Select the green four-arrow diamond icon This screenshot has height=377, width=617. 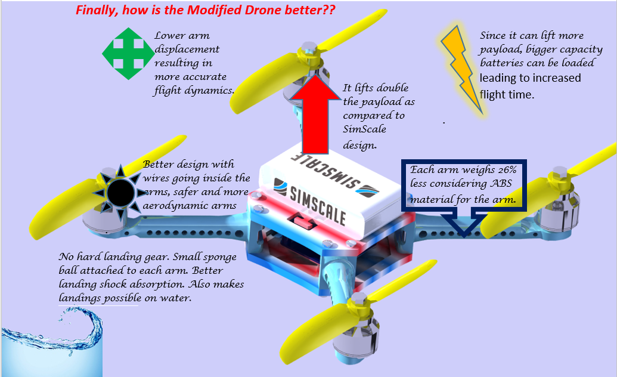coord(123,54)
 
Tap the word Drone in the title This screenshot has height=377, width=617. coord(258,10)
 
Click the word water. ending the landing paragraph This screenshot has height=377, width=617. coord(177,298)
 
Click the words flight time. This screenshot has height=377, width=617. coord(507,94)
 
